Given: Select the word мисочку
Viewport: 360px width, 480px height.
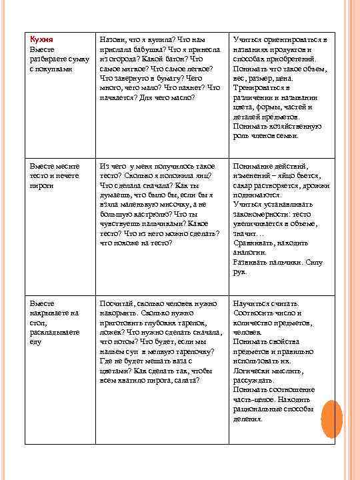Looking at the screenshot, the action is pos(171,204).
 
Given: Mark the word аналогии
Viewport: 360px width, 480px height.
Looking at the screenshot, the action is pos(250,253).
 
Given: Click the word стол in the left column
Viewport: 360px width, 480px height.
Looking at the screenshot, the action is pos(37,322).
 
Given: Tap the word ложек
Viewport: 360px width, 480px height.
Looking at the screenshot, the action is pos(110,331).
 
